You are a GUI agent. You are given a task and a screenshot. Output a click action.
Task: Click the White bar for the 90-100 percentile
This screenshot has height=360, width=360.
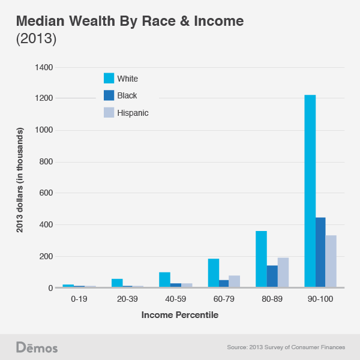[310, 192]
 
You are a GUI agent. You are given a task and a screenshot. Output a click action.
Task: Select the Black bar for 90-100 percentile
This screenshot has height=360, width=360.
[320, 253]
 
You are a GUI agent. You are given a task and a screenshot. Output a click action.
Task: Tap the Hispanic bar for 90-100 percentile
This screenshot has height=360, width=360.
[331, 262]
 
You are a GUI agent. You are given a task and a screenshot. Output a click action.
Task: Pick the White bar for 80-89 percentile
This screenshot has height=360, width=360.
[261, 259]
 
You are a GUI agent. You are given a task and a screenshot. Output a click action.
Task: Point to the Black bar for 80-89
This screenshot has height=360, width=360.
[272, 277]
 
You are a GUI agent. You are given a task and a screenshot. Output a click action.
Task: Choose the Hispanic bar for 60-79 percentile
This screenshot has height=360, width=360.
[235, 281]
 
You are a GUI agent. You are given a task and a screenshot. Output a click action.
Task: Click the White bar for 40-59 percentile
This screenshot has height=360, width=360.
[165, 280]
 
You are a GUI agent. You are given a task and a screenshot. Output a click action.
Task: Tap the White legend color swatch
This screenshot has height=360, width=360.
[109, 78]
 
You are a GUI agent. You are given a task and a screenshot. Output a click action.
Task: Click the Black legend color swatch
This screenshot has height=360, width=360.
[109, 95]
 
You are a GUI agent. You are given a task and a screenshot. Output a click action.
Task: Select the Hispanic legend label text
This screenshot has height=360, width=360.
[133, 112]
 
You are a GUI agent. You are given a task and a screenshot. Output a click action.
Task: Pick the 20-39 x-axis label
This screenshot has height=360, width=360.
[128, 298]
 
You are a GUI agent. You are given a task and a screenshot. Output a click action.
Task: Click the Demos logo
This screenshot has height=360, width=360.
[37, 347]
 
